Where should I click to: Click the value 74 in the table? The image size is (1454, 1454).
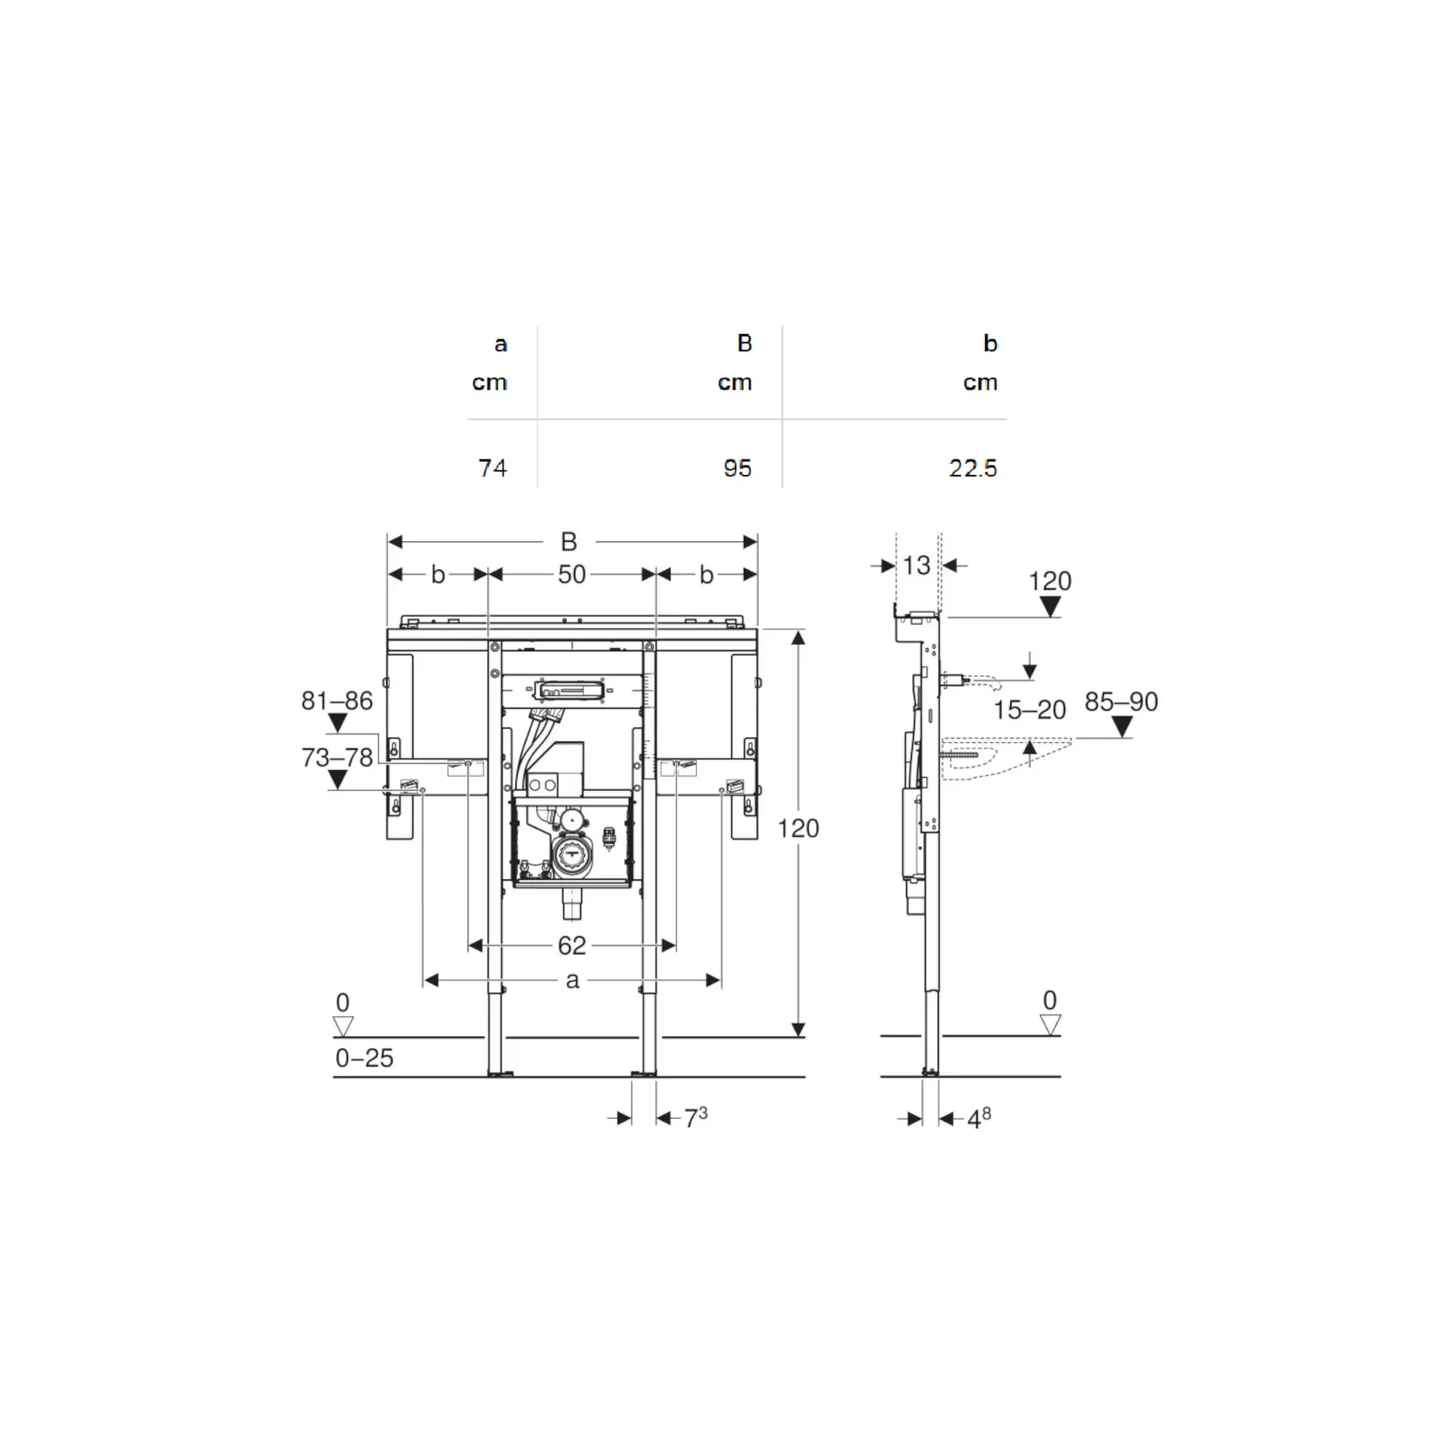(492, 468)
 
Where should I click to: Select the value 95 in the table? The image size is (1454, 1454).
(737, 468)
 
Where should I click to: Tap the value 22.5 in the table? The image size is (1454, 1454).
(972, 468)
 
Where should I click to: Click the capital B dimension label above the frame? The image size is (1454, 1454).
(569, 541)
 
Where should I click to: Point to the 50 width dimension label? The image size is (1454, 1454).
(572, 575)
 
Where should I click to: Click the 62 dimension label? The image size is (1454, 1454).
(572, 945)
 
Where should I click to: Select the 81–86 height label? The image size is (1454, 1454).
(337, 700)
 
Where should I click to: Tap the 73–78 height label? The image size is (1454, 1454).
(337, 757)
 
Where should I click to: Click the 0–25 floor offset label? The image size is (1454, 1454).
(364, 1058)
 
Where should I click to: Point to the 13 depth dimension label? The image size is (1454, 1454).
(916, 565)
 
